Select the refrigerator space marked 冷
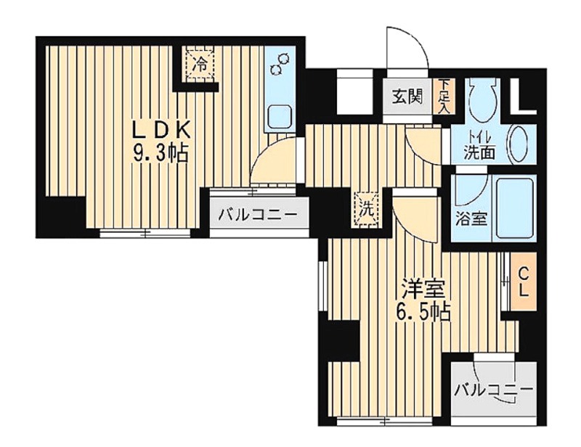click(200, 65)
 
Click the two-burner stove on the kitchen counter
click(280, 64)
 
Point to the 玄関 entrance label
click(407, 97)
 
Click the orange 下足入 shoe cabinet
click(443, 97)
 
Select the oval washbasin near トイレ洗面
click(520, 145)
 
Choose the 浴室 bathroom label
click(471, 220)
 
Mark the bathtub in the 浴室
click(516, 208)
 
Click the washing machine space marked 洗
click(367, 208)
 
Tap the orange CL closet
click(523, 282)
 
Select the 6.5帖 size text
click(423, 313)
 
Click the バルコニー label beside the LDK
click(258, 214)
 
